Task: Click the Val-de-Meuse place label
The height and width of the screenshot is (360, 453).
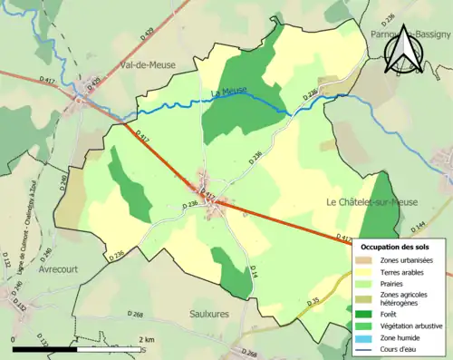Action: tap(148, 64)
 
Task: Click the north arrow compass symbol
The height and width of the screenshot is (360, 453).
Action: tap(403, 49)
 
